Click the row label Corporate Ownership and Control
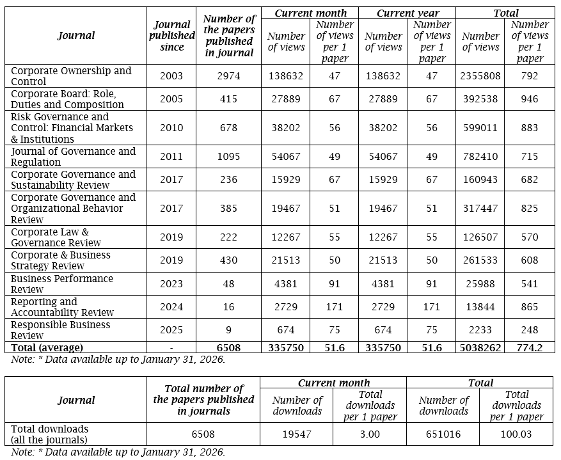click(x=71, y=75)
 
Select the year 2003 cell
click(x=171, y=75)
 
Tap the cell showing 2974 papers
click(x=228, y=75)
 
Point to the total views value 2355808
click(x=480, y=75)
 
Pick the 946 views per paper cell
click(x=530, y=99)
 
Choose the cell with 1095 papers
click(x=228, y=157)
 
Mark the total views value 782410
click(x=480, y=157)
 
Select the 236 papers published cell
click(x=228, y=180)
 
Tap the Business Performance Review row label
click(x=62, y=283)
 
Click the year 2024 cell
click(x=171, y=306)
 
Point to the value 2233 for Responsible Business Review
click(x=480, y=329)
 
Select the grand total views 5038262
click(x=480, y=347)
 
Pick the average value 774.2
click(x=530, y=347)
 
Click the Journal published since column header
click(x=172, y=36)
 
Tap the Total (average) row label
click(x=47, y=347)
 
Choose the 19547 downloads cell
click(x=296, y=434)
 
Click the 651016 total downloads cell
click(x=443, y=434)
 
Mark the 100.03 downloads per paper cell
click(x=517, y=434)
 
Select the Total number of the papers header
click(x=203, y=399)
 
